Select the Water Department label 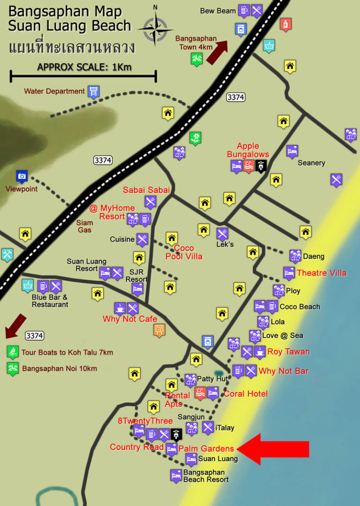pyautogui.click(x=54, y=91)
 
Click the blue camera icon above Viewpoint pyautogui.click(x=22, y=176)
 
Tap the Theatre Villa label pyautogui.click(x=322, y=273)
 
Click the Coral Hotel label pyautogui.click(x=246, y=394)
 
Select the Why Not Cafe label pyautogui.click(x=130, y=319)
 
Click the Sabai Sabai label pyautogui.click(x=146, y=190)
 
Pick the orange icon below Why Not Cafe pyautogui.click(x=159, y=330)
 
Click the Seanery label pyautogui.click(x=311, y=163)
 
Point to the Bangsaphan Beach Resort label pyautogui.click(x=206, y=476)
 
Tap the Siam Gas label pyautogui.click(x=85, y=226)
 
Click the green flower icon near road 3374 pyautogui.click(x=195, y=138)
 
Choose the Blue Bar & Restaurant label pyautogui.click(x=50, y=301)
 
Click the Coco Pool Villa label pyautogui.click(x=184, y=252)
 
